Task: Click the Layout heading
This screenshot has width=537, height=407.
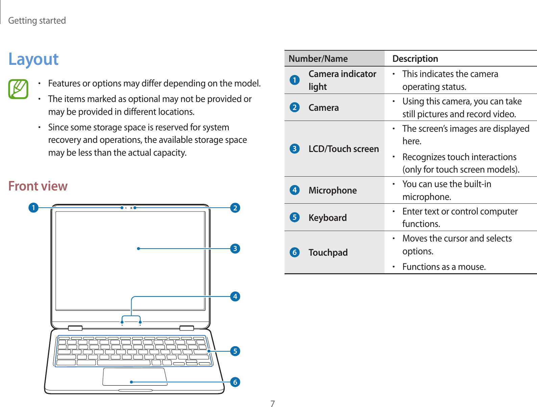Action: [x=33, y=59]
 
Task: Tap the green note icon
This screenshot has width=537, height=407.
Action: [x=18, y=89]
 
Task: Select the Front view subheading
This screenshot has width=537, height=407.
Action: [x=38, y=186]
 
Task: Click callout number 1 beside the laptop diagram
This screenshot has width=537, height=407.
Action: [x=33, y=207]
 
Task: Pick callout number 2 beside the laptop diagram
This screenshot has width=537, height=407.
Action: [x=235, y=207]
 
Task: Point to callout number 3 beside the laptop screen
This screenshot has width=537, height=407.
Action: [x=235, y=249]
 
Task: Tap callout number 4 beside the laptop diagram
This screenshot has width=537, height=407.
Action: [x=235, y=297]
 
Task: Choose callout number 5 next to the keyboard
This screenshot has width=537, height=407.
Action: [x=235, y=351]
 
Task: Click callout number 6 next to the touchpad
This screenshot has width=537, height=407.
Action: [x=235, y=382]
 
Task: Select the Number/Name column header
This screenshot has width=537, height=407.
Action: [x=318, y=59]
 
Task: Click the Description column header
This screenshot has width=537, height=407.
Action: [x=415, y=59]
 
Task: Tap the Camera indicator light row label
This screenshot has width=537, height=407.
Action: [x=342, y=80]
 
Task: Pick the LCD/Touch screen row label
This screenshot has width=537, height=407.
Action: [x=343, y=149]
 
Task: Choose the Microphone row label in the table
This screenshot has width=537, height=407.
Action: [x=333, y=190]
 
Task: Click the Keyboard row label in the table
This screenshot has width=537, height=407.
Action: [x=327, y=218]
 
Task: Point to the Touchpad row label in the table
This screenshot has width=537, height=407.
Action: [x=328, y=253]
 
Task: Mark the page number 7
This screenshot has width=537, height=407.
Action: [x=273, y=404]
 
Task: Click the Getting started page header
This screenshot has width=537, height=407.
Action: [x=37, y=21]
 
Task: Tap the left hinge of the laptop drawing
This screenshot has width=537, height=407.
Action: [x=75, y=328]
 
